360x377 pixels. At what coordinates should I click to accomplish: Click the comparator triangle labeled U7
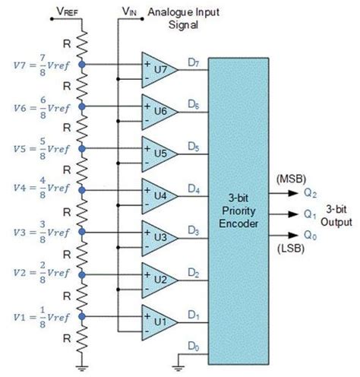(x=158, y=69)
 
